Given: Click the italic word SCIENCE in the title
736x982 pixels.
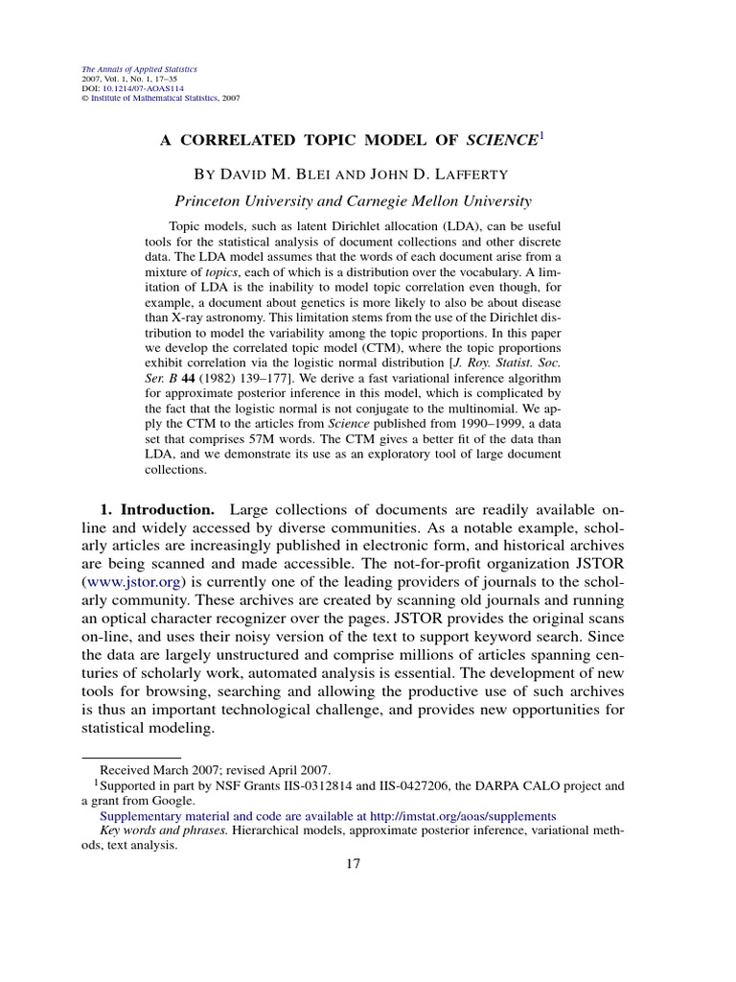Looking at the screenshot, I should point(501,140).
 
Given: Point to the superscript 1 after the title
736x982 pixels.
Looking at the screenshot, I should point(540,135).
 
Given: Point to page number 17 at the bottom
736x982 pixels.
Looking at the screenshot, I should point(353,863).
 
